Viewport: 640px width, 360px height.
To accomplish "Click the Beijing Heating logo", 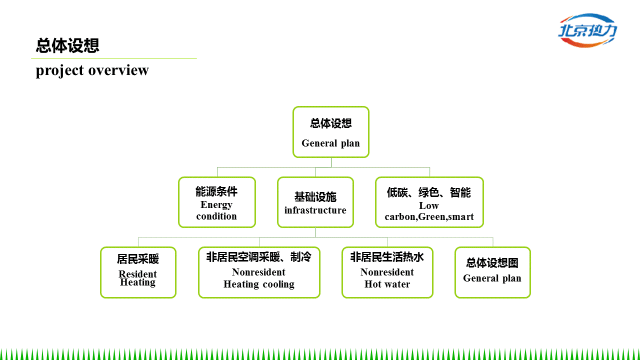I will click(587, 30).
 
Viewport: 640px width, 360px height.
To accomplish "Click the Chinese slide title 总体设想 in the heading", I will click(67, 45).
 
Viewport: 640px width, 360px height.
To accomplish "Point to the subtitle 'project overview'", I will click(92, 70).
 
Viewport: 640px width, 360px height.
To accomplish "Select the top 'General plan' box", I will click(330, 132).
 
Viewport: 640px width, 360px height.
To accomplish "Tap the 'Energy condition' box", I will click(216, 202).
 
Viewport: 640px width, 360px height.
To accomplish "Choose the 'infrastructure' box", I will click(315, 202).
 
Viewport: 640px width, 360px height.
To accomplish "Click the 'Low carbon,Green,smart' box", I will click(429, 202).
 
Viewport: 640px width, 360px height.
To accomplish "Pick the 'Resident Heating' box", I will click(138, 272).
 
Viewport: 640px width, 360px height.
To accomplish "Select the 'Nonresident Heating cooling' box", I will click(259, 272).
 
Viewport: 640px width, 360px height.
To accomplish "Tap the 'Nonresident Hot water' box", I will click(387, 272).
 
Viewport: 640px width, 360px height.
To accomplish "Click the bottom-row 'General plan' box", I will click(492, 272).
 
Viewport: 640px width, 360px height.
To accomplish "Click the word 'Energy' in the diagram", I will click(216, 205).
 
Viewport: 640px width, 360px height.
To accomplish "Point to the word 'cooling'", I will click(278, 284).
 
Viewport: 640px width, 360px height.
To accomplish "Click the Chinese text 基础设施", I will click(315, 197).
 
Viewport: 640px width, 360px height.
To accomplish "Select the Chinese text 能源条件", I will click(216, 191).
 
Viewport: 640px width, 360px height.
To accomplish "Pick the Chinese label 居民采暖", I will click(138, 259).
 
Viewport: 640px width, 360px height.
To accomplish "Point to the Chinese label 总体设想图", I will click(492, 263).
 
